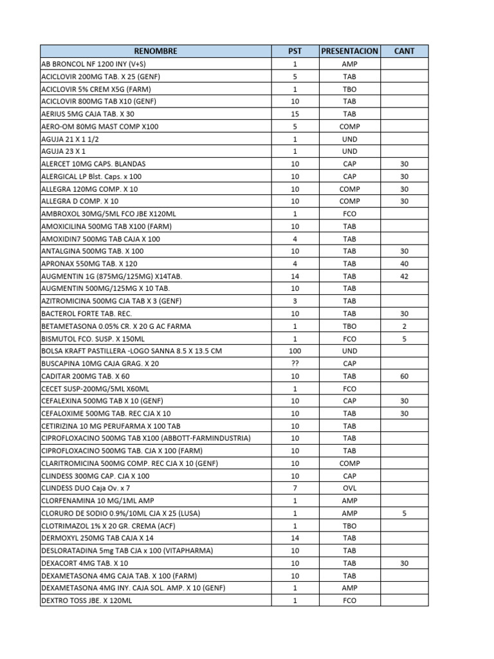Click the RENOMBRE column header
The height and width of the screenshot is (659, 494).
coord(156,51)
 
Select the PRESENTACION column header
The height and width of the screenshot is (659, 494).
coord(349,51)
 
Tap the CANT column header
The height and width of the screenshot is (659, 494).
coord(404,51)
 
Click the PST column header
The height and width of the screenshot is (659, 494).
coord(295,51)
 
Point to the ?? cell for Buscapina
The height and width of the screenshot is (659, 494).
coord(295,364)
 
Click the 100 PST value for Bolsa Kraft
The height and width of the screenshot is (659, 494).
coord(295,351)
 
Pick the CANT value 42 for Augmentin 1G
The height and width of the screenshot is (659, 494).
coord(404,276)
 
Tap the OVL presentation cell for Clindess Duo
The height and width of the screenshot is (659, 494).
coord(349,488)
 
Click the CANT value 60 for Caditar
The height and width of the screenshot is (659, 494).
coord(404,376)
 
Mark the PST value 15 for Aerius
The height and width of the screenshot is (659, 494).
coord(295,114)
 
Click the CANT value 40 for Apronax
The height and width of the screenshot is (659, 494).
coord(404,264)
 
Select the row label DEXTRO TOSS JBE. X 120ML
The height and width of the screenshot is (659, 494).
coord(87,600)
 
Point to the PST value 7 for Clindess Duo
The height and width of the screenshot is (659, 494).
coord(295,488)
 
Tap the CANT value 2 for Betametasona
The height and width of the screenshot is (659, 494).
coord(404,326)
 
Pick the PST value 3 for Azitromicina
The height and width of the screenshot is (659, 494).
coord(295,301)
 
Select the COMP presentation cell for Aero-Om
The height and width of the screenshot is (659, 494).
coord(349,127)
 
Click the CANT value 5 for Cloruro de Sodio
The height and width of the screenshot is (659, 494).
coord(404,514)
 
